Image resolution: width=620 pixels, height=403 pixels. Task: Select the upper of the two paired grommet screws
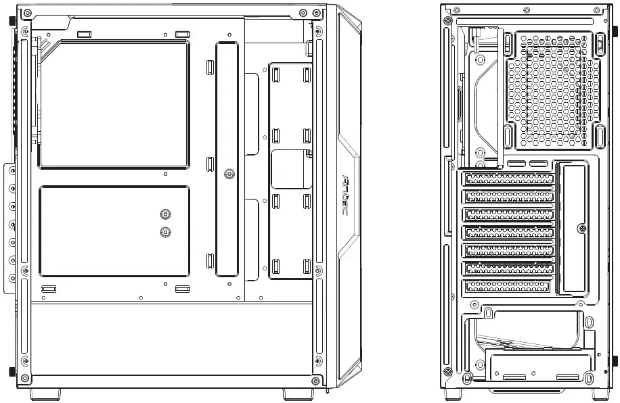point(165,215)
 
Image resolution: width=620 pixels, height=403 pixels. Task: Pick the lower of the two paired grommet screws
point(165,232)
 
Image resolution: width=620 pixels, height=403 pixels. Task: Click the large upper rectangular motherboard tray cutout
point(114,103)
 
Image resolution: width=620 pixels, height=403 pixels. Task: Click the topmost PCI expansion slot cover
point(508,179)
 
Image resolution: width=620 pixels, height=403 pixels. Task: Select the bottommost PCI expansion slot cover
point(508,287)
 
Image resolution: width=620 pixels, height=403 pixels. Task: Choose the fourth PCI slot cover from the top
point(508,233)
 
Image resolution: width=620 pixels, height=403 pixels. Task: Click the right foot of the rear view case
point(601,393)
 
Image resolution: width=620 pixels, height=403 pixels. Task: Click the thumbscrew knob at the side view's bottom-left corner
point(13,371)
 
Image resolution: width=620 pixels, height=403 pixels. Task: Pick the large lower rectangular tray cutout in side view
point(114,232)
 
